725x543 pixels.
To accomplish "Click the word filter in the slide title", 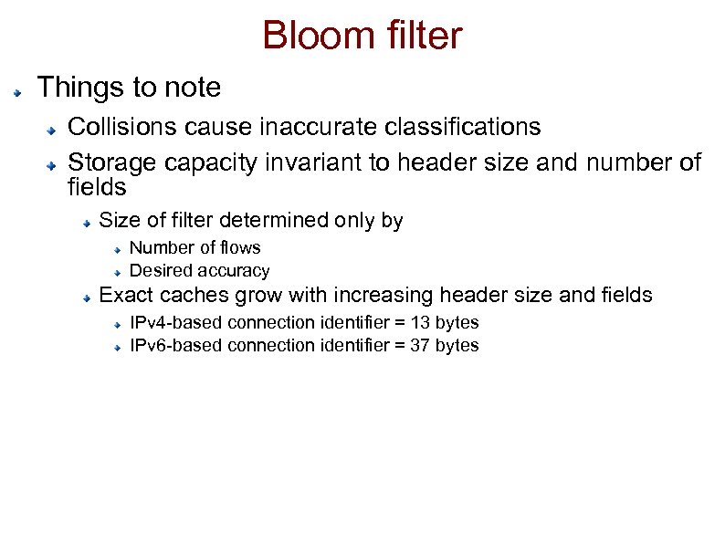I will pos(420,37).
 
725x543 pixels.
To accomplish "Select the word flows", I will pos(239,247).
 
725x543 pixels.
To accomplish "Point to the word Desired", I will pos(159,270).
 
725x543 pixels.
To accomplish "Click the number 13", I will pos(420,322).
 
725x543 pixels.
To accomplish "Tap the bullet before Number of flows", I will pos(119,249).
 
